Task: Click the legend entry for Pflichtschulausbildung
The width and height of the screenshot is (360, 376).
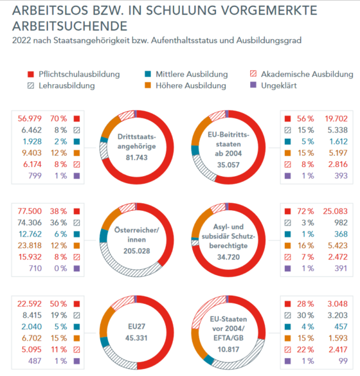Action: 74,75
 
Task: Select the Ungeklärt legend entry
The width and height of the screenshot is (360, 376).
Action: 273,85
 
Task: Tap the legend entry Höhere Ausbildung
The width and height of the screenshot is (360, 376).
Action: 185,85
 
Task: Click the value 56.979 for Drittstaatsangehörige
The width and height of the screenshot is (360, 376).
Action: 30,118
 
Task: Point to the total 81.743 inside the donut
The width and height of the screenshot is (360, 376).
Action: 137,157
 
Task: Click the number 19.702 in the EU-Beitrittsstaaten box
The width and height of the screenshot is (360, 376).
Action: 336,118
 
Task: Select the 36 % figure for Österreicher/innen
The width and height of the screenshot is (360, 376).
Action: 59,223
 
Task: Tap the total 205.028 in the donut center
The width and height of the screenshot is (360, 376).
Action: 137,251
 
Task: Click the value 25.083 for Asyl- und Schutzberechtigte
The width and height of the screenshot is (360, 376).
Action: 335,211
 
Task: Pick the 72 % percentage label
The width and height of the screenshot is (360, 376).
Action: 305,211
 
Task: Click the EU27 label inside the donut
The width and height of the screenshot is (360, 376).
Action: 137,327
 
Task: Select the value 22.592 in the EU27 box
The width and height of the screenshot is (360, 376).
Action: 30,304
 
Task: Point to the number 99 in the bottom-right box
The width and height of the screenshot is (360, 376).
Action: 343,361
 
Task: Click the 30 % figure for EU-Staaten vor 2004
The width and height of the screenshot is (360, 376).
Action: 305,316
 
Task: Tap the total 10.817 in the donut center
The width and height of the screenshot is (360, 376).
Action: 228,350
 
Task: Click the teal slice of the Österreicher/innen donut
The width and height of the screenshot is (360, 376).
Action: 104,236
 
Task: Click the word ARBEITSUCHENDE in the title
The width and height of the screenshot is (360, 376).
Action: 70,26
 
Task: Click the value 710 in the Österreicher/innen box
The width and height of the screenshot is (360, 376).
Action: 35,268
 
